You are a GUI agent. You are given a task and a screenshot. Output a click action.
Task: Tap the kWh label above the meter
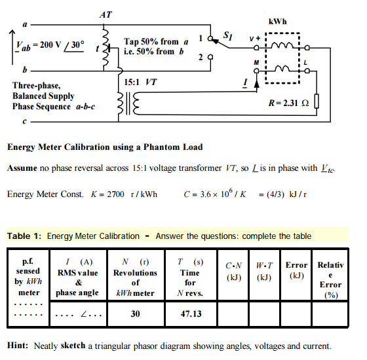278,22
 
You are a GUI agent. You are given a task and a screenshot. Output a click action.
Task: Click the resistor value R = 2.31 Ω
289,105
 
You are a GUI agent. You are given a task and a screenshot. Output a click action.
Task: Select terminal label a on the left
25,25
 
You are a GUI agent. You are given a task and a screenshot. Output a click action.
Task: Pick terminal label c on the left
25,122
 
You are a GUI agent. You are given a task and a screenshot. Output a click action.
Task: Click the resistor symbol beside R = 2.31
316,103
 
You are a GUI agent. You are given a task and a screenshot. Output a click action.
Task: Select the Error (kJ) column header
296,270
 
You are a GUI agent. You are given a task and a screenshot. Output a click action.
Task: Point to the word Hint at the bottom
18,346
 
